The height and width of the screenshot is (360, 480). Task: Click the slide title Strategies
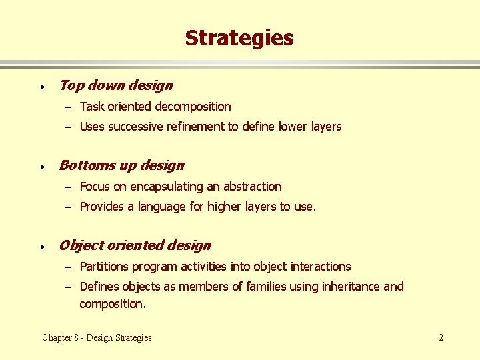coord(239,38)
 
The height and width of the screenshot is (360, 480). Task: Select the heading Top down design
coord(116,85)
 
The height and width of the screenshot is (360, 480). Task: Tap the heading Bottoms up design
coord(122,165)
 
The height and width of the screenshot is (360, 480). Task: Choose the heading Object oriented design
coord(135,245)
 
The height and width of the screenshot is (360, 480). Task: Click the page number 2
coord(441,337)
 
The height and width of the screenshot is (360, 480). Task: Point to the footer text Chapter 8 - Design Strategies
coord(97,337)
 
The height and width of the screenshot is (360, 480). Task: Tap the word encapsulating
coord(169,187)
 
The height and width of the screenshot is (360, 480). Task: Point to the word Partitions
coord(104,267)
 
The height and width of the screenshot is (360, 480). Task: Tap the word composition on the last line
coord(111,304)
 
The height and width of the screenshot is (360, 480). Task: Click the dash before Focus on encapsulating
coord(69,187)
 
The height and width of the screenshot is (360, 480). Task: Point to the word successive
coord(135,127)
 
